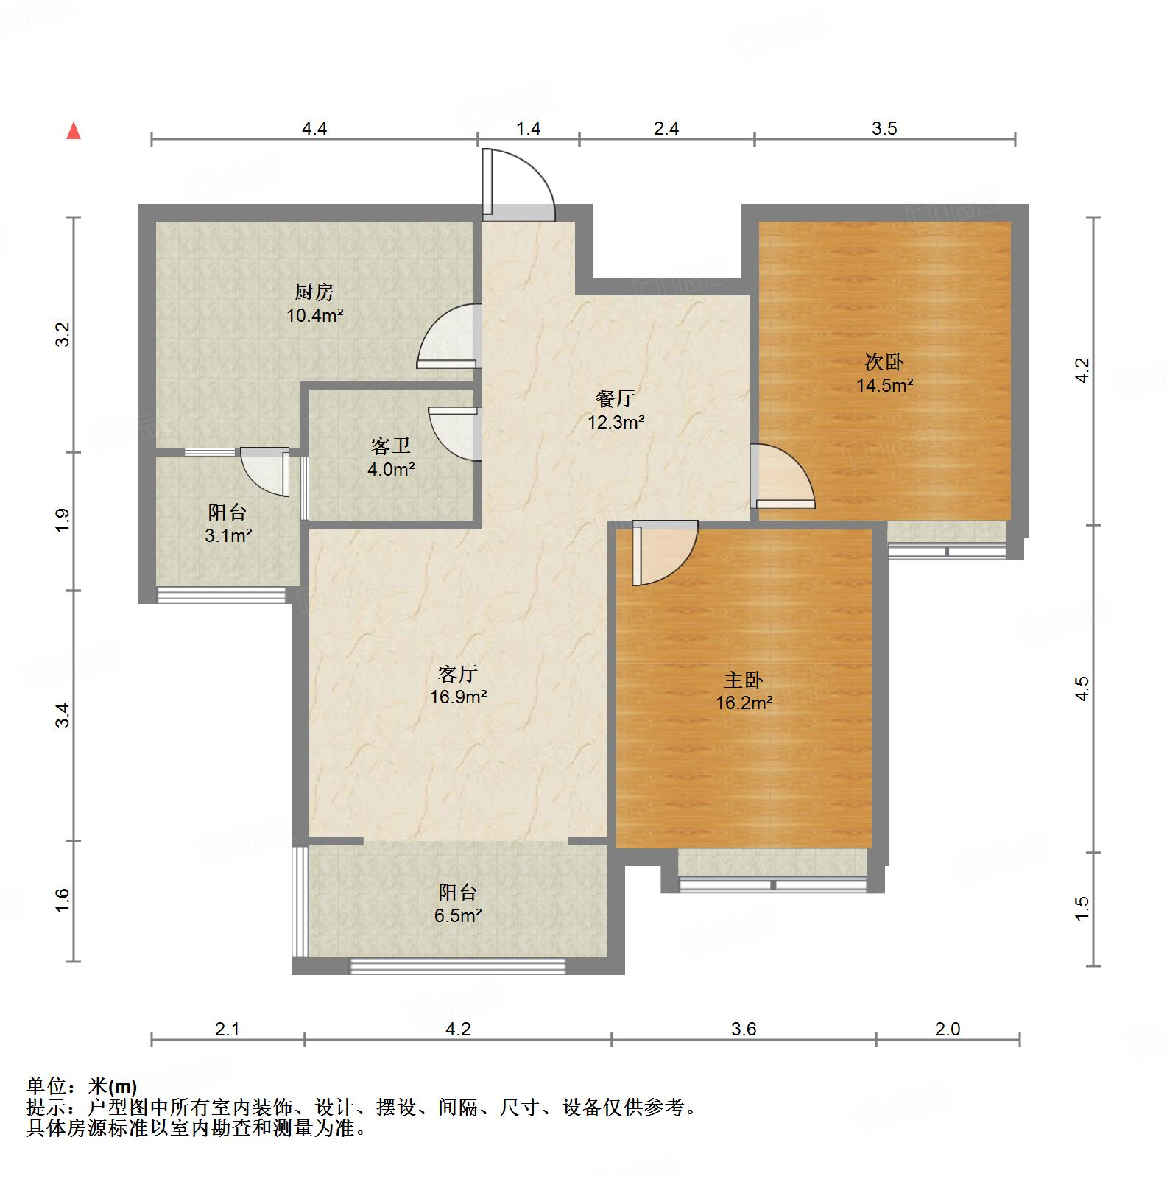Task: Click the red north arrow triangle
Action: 74,131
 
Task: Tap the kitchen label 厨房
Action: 314,292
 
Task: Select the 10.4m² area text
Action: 315,316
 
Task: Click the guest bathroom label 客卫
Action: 391,446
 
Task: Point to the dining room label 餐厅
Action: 616,398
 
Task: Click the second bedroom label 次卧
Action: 884,362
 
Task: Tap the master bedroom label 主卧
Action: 744,679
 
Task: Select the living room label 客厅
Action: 458,673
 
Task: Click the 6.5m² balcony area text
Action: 458,915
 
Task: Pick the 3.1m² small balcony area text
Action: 228,536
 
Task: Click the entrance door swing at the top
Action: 519,184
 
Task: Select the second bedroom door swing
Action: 782,476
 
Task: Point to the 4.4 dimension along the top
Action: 314,129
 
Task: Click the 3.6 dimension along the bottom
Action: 744,1029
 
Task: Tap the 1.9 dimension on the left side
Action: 63,521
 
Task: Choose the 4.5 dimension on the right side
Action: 1082,689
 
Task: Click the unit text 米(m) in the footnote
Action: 113,1086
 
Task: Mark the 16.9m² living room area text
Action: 458,697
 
